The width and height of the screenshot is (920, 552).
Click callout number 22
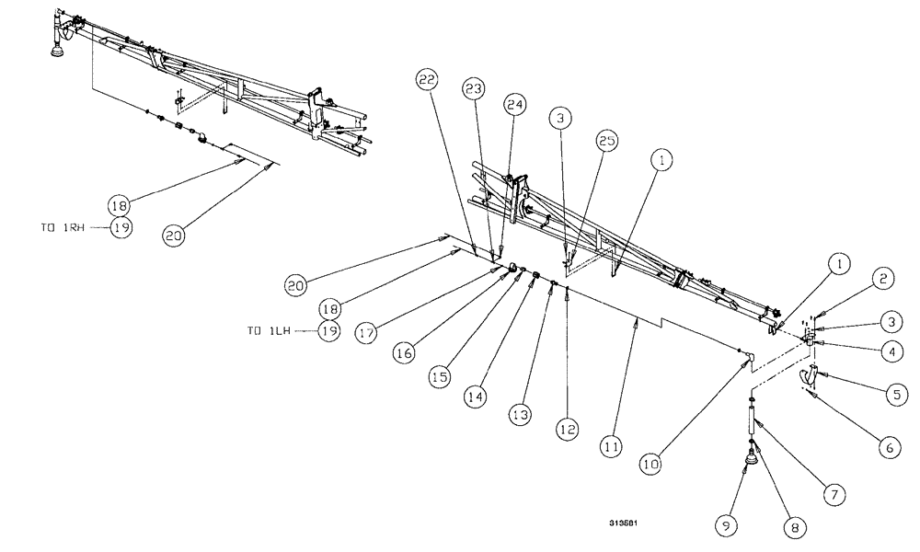click(x=425, y=81)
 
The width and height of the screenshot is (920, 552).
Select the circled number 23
click(x=473, y=89)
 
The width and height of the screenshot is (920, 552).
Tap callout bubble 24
click(x=514, y=106)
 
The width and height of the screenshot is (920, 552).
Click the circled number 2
click(x=881, y=277)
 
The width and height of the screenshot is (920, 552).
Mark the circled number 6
click(x=888, y=448)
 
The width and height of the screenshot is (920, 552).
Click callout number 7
click(x=834, y=494)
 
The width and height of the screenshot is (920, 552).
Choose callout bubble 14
click(x=473, y=397)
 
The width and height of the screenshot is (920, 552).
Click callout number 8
click(x=793, y=528)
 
